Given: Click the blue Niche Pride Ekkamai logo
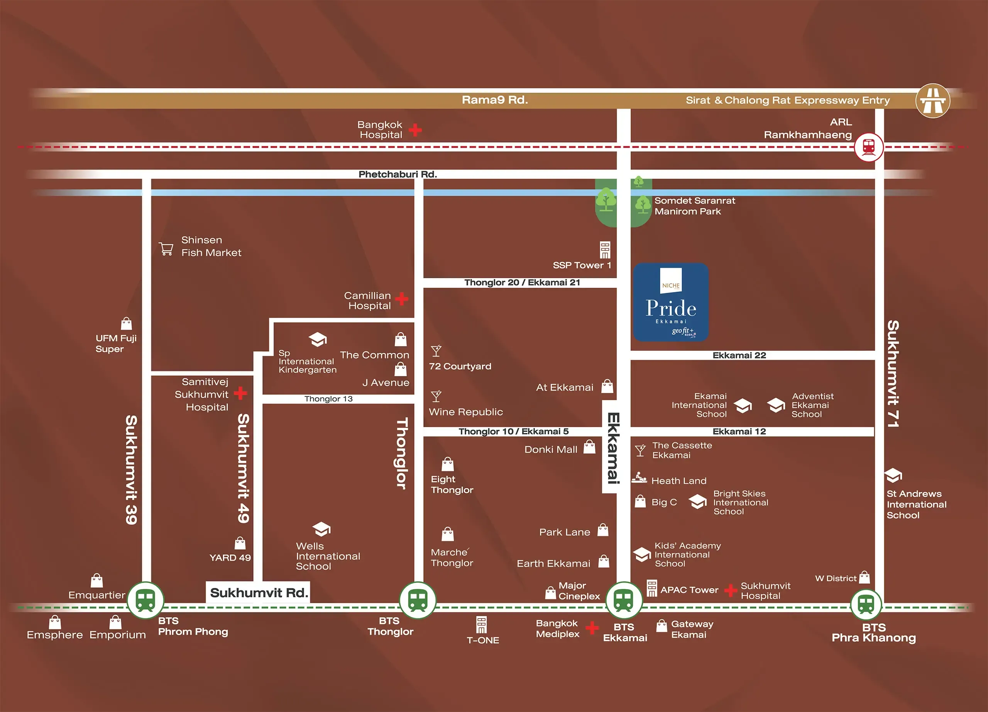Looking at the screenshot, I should tap(671, 302).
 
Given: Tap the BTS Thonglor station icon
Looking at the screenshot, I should tap(418, 600).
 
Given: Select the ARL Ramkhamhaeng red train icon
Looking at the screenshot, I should tap(869, 147).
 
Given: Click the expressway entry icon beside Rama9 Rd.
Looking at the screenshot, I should tap(932, 101).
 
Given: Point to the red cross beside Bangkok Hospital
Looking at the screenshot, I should tap(415, 129).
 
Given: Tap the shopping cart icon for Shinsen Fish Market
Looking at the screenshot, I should tap(166, 248).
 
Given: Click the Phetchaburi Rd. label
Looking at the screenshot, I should tap(397, 174).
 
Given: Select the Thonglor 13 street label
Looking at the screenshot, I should tap(328, 399).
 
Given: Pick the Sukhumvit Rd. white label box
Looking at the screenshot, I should tap(258, 593).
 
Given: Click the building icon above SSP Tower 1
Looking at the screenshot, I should tap(605, 250).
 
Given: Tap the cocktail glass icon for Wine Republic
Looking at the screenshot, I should tap(436, 396).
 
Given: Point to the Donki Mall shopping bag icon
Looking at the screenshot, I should tap(589, 447).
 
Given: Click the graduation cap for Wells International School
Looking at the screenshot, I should tap(321, 529).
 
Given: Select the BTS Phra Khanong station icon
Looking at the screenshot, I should tap(866, 605).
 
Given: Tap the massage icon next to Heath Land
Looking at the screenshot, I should tap(639, 478).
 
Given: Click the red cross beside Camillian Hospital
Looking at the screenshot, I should tap(402, 299).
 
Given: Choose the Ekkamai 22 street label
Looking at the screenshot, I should tap(739, 355).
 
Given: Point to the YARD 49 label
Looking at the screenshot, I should tap(230, 557).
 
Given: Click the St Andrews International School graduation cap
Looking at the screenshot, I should tap(893, 475).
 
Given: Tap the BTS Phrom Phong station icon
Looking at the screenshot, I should tap(145, 600).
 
